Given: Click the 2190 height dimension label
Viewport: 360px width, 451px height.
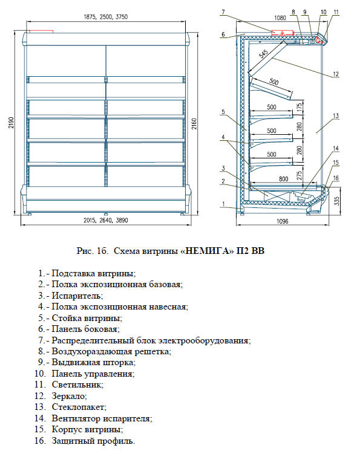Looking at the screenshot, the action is click(11, 123).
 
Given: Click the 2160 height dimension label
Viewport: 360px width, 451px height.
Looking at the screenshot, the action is click(194, 124).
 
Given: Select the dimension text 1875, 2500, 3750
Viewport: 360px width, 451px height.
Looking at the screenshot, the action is click(106, 17).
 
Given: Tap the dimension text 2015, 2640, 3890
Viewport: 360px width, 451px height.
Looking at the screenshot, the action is click(106, 220).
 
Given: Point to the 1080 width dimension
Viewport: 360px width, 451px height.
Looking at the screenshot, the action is click(280, 18).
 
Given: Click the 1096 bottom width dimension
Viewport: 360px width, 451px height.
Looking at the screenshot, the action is click(283, 221).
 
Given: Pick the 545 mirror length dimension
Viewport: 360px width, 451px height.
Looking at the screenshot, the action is click(264, 53).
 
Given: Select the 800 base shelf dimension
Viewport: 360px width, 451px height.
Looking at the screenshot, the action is click(283, 179).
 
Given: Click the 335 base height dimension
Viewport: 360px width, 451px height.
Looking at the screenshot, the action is click(336, 201).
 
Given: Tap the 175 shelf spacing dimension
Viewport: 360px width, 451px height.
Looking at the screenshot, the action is click(299, 107).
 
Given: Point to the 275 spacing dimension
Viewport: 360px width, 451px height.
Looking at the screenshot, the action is click(299, 175).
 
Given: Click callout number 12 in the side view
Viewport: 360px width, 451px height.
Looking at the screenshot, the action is click(336, 74).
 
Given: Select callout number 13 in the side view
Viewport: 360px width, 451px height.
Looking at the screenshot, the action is click(336, 116).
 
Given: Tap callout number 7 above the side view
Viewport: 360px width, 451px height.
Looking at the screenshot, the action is click(223, 12).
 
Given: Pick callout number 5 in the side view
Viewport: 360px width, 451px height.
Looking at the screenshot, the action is click(223, 112).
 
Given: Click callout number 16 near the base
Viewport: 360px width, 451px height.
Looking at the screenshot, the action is click(336, 178).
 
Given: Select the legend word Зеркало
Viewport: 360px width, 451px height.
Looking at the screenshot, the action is click(69, 396).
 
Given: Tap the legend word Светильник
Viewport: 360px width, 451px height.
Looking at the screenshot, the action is click(77, 384).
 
